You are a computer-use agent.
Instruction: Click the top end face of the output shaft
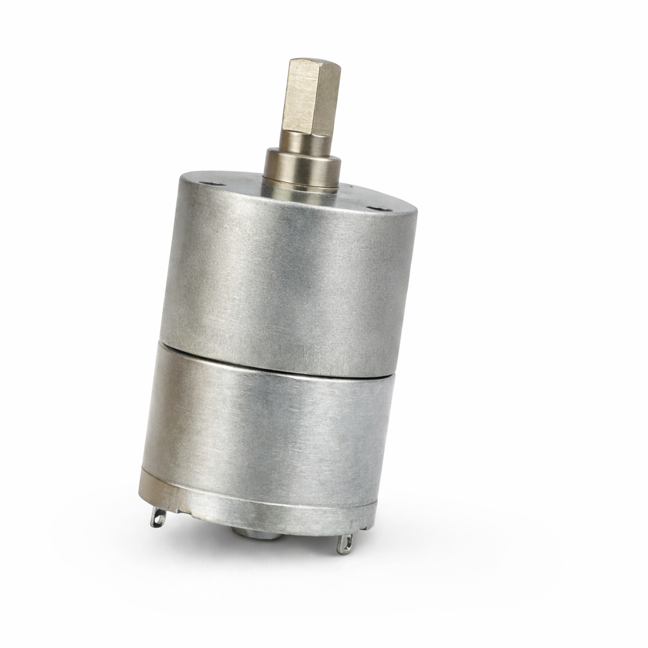[315, 64]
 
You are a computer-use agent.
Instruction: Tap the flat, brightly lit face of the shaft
[301, 98]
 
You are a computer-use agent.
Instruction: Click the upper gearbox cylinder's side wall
[285, 278]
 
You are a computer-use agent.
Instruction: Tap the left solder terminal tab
[158, 518]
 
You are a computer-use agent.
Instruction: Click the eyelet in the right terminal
[344, 544]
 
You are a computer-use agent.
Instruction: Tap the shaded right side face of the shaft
[330, 101]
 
